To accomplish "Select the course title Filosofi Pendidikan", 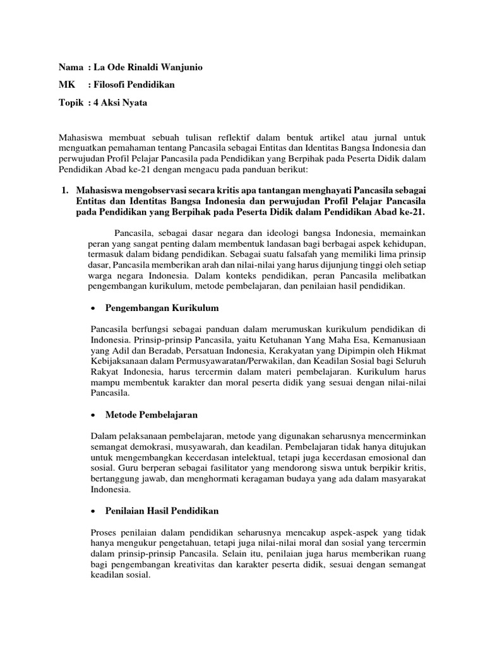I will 133,85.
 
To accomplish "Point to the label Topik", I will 71,102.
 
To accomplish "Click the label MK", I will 66,85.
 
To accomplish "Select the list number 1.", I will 63,189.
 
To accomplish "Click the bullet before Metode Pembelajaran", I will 94,415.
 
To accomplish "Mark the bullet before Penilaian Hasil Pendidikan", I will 94,511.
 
